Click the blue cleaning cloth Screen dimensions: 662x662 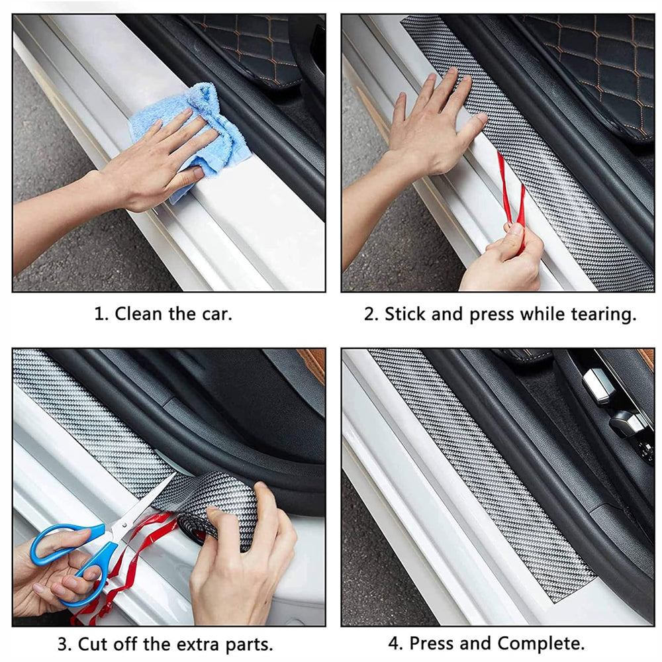[x=199, y=135]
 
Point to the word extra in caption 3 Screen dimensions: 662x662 [x=198, y=645]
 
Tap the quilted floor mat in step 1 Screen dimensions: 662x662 [x=249, y=46]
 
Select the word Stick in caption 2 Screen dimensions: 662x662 [x=404, y=314]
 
